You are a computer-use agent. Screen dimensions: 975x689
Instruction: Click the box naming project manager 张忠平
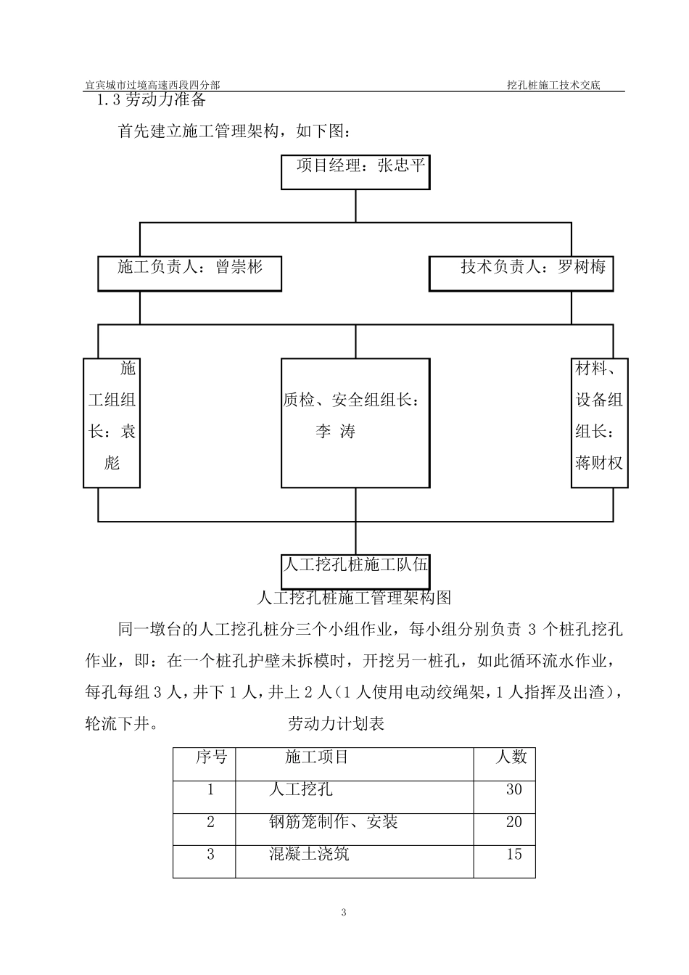(x=355, y=171)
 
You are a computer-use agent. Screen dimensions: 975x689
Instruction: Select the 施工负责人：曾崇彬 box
(x=189, y=272)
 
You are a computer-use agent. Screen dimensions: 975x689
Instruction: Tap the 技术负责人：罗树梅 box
(x=521, y=272)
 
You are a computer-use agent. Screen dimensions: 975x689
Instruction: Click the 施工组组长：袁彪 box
(x=112, y=422)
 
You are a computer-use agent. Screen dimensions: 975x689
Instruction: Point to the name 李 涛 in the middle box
(x=336, y=432)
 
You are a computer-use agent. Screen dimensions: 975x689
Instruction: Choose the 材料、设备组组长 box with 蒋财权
(x=599, y=422)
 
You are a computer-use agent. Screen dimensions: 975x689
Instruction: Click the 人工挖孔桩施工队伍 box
(x=355, y=571)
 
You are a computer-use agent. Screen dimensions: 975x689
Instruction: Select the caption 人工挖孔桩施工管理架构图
(x=355, y=598)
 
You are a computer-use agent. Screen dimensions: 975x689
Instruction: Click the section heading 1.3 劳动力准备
(x=152, y=99)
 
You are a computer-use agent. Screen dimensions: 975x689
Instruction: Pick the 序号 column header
(x=211, y=757)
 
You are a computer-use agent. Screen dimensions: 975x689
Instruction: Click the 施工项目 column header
(x=317, y=757)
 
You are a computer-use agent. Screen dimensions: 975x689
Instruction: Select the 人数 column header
(x=511, y=757)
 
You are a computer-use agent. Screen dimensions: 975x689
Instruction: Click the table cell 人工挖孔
(x=301, y=789)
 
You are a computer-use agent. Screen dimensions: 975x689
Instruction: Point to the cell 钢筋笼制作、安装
(x=333, y=822)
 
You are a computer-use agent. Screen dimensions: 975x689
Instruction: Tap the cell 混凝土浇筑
(x=309, y=854)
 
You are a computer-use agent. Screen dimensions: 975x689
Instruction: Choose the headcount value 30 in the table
(x=513, y=789)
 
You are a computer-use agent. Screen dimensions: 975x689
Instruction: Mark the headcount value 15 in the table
(x=513, y=854)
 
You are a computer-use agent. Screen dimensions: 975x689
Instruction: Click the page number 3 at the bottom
(x=344, y=912)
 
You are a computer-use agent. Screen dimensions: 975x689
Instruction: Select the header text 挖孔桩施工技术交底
(x=554, y=85)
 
